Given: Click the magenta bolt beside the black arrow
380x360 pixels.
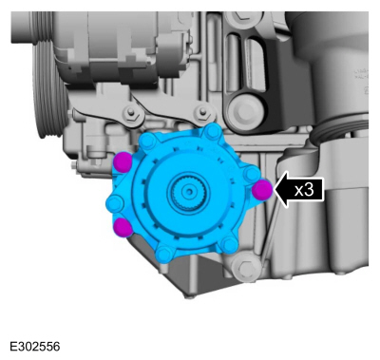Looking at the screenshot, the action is [262, 190].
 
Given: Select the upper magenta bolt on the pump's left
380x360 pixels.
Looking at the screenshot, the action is [123, 161].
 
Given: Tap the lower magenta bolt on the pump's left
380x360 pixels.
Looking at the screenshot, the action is [123, 227].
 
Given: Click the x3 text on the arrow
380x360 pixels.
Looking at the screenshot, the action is [304, 190].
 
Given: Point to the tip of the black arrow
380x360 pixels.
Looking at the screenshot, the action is [275, 190].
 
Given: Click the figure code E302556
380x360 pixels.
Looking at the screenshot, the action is [35, 347].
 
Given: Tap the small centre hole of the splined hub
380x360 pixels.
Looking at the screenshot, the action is [189, 192].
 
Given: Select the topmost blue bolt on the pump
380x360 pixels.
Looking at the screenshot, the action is [212, 131].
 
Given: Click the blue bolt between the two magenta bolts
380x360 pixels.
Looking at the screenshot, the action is [115, 203].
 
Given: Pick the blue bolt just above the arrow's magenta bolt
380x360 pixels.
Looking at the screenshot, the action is [252, 174].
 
